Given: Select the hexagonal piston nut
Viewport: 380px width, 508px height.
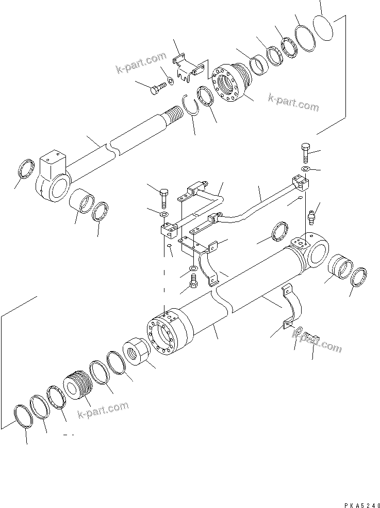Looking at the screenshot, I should point(138,354).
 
